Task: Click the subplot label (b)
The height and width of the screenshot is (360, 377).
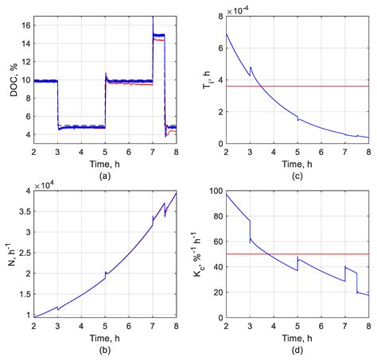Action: coord(105,350)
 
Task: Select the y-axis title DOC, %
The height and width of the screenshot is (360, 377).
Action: coord(10,79)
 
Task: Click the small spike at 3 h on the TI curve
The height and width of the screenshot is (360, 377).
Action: coord(251,68)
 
